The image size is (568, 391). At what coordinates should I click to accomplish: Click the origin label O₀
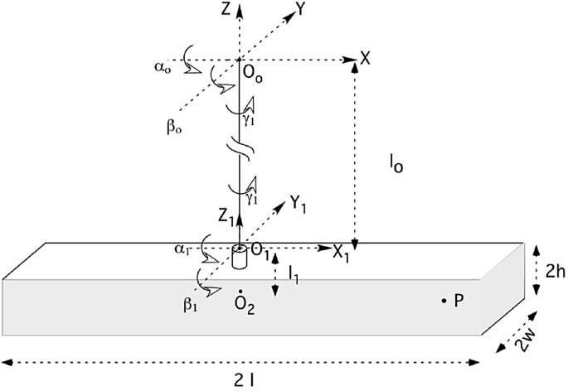point(252,75)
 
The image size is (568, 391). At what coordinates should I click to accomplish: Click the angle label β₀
point(174,128)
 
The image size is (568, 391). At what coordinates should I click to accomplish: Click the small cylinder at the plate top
point(240,258)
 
